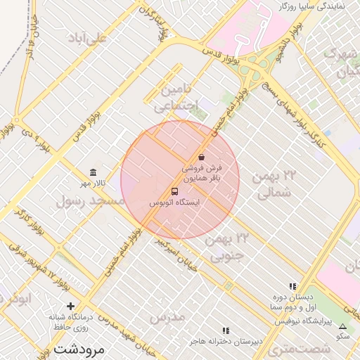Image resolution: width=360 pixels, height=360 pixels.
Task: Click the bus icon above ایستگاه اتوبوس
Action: point(174,191)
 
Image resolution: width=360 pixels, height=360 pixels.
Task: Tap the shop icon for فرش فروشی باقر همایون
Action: point(202,157)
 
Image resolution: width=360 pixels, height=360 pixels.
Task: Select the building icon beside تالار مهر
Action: point(93,173)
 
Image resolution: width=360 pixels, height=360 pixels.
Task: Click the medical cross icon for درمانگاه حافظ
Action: point(70,306)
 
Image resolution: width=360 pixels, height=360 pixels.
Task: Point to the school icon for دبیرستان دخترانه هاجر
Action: point(226,330)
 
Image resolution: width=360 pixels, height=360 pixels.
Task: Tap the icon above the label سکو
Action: point(342,327)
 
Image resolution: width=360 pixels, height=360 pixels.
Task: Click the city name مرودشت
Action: point(78,349)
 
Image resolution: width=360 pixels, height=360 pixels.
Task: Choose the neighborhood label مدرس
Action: point(167,316)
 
